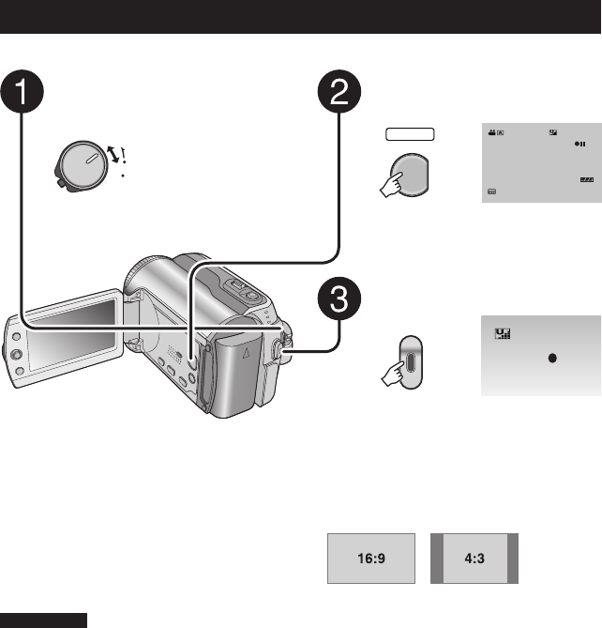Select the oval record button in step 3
click(x=409, y=358)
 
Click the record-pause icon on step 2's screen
click(x=581, y=146)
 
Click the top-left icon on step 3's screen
click(x=502, y=334)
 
